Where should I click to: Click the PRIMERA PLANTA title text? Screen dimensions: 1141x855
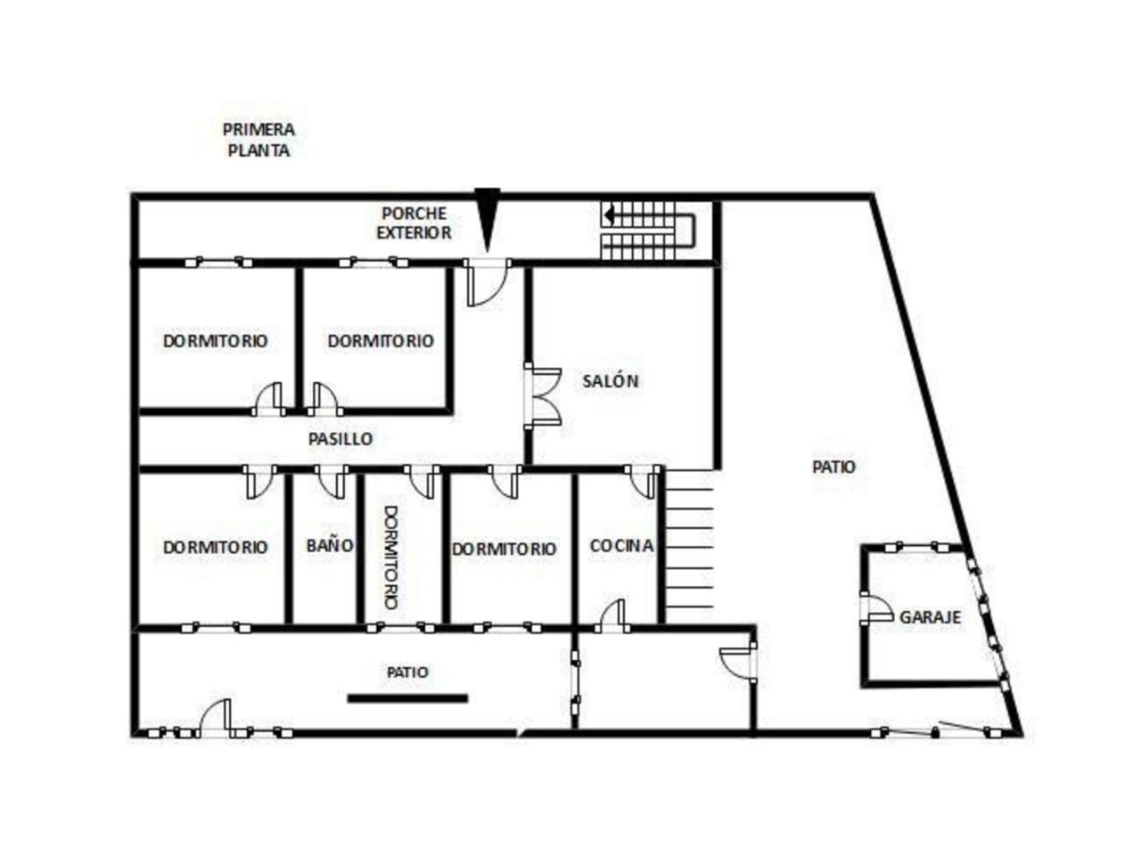pos(259,140)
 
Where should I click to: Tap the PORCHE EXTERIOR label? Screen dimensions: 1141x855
pos(414,224)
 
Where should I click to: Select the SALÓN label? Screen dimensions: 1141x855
pos(610,381)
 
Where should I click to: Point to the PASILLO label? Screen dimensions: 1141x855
pos(341,439)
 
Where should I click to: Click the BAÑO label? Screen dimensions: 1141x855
pos(330,546)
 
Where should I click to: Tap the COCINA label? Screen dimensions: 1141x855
pos(621,546)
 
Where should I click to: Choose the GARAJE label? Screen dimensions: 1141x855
pos(930,617)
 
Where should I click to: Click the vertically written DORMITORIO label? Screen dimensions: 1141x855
pos(391,557)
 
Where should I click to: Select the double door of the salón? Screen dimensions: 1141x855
pos(543,396)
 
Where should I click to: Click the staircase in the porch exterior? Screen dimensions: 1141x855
pos(648,231)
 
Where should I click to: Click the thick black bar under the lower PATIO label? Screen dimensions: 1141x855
pos(407,698)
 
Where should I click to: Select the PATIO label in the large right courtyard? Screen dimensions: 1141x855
pos(833,467)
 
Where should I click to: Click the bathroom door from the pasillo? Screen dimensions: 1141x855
pos(331,482)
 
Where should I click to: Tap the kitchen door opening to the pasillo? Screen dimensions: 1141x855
pos(643,482)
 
